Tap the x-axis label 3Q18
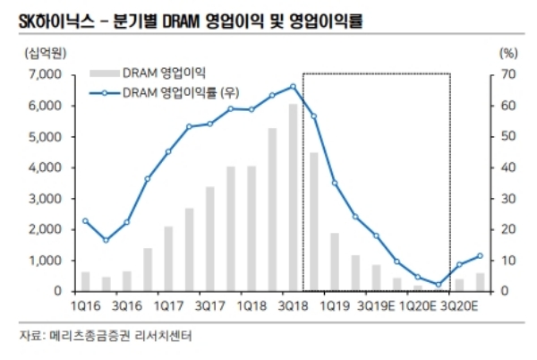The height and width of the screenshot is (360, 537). (293, 306)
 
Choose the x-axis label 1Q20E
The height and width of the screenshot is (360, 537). (417, 306)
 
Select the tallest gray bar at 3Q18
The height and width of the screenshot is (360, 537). (293, 197)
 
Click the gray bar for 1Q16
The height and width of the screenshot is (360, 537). (85, 281)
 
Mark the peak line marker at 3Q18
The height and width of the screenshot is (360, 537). (293, 87)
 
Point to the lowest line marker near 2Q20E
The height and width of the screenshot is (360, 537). (439, 285)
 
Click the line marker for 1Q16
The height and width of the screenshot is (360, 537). (85, 220)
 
